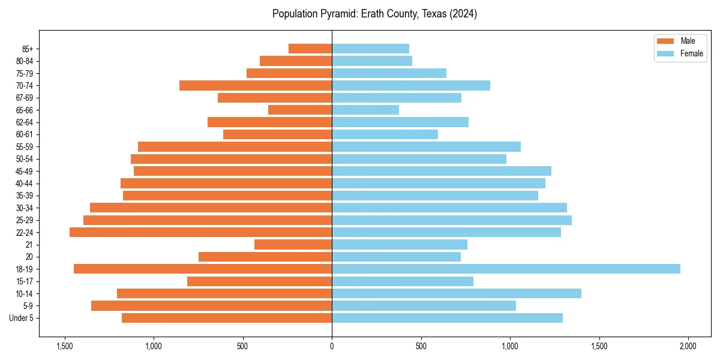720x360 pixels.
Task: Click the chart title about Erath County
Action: [374, 14]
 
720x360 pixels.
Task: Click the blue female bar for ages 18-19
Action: [506, 269]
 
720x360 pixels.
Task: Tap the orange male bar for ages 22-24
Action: [200, 232]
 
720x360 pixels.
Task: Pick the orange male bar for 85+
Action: [310, 49]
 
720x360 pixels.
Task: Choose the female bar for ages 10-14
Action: [456, 293]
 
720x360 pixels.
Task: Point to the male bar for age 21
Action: [293, 244]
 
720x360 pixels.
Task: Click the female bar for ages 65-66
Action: [365, 110]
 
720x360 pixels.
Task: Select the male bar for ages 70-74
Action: [256, 85]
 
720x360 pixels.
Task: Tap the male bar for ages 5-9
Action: [211, 305]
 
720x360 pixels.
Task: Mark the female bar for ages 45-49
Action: [441, 171]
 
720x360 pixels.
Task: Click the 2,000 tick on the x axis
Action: [688, 346]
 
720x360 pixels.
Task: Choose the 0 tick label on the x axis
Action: [332, 346]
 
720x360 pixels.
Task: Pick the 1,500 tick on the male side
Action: [65, 346]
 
